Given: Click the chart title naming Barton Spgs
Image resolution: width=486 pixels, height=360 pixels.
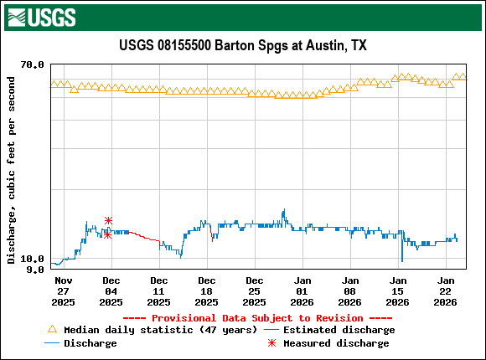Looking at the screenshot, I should point(243,45).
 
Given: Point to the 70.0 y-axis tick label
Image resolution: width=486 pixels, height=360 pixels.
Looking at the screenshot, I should point(33,64).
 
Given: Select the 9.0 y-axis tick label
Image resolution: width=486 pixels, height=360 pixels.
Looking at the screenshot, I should point(36,270).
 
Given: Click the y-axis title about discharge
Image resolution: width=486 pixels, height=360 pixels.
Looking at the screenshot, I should point(11,170).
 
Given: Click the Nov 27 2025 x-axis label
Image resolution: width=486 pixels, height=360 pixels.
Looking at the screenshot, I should point(63,290).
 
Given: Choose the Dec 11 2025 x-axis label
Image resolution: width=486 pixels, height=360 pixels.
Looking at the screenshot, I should point(158,290).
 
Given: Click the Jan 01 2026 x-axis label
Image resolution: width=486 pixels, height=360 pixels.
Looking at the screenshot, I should point(302,290).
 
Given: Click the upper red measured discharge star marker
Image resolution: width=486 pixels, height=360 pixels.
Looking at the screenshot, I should point(108,220).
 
